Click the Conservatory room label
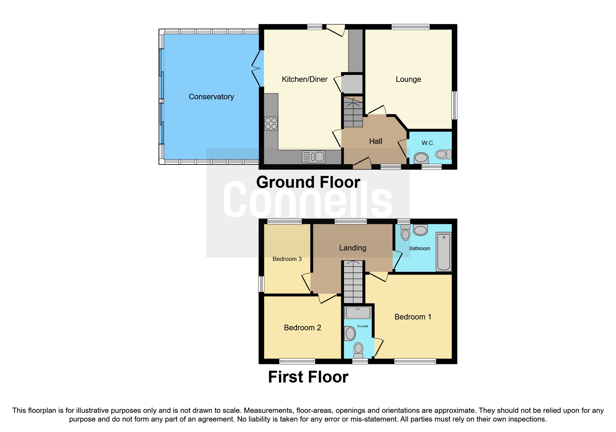211,97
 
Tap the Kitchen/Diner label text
304,79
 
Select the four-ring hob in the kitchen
271,123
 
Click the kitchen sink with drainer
313,157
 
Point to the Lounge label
408,79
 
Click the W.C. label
427,143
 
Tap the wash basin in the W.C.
421,158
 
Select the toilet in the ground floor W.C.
443,154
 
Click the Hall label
375,141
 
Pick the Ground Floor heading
308,182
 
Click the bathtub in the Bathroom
443,252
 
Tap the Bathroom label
419,248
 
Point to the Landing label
352,248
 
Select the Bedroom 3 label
287,259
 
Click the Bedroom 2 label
302,327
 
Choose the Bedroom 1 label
413,317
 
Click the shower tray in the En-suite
358,313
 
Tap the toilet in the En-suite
358,349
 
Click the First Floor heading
308,377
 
